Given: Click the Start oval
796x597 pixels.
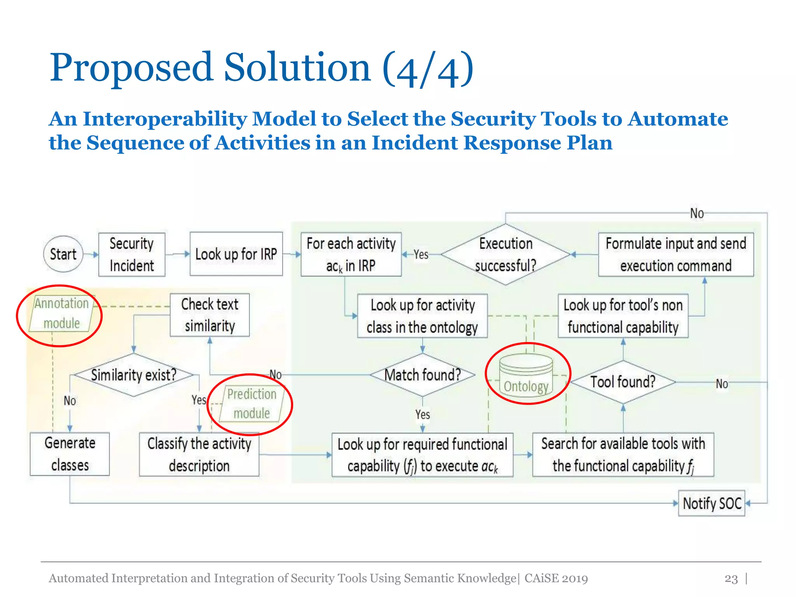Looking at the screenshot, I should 63,254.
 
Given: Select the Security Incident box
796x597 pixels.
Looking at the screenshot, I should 132,255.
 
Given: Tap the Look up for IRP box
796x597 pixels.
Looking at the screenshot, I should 236,254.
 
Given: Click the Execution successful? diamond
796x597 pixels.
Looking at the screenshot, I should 505,255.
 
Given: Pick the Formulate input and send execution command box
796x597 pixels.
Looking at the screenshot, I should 676,255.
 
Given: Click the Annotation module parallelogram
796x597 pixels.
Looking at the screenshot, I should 61,314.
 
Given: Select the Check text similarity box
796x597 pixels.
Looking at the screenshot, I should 209,315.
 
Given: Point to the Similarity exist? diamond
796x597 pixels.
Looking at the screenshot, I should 133,375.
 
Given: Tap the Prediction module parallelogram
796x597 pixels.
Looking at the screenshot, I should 252,404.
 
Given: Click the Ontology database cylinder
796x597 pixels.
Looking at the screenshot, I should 526,375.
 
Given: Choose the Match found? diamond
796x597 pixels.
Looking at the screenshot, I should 422,375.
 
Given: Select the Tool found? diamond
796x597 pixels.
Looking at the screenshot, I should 623,382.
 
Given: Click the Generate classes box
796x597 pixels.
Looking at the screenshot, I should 70,454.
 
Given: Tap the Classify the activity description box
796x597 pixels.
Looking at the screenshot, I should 199,454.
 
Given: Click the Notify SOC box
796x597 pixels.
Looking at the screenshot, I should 711,503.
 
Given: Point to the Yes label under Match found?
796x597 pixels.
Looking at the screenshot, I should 422,415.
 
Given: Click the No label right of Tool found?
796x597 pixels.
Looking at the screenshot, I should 722,384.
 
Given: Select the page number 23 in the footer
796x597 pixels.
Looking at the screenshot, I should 731,579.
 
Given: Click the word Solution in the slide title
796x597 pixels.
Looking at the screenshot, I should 297,68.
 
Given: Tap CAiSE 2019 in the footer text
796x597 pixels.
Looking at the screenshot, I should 556,578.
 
